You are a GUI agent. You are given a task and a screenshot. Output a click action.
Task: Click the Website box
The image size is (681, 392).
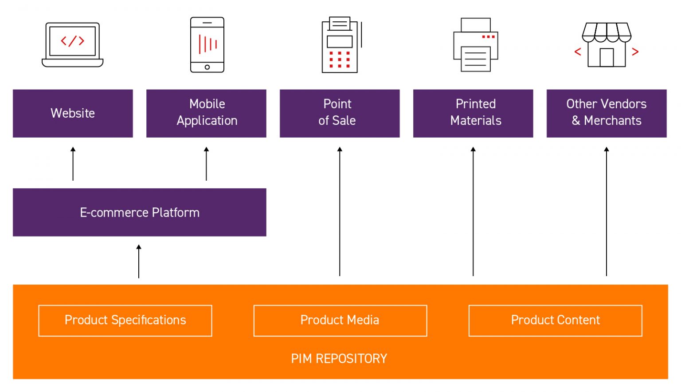73,114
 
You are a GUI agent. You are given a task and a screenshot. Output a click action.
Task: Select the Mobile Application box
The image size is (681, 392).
206,114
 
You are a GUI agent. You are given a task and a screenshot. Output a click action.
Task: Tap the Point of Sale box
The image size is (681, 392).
340,114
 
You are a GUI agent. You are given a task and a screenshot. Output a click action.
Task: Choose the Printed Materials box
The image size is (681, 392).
473,114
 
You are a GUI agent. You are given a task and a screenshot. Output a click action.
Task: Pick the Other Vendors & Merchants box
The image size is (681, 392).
607,114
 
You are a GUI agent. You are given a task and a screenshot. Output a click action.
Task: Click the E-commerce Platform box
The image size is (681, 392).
139,212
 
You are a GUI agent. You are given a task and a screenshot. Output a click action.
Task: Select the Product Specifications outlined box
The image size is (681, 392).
125,321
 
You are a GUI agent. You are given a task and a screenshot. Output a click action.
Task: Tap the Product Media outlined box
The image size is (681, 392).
340,321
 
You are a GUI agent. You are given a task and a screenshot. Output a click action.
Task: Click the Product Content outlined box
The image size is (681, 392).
555,321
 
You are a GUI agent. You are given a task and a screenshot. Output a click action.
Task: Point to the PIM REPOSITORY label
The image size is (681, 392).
339,359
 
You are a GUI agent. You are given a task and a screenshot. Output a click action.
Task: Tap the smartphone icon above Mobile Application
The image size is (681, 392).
207,45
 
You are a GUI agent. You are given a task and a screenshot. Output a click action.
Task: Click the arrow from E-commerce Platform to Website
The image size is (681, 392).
73,164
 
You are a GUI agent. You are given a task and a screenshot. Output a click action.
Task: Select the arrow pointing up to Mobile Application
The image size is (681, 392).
206,164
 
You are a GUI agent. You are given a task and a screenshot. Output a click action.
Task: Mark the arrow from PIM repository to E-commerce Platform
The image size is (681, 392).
139,261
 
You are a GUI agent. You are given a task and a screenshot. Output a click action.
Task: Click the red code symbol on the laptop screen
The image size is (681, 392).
73,41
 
